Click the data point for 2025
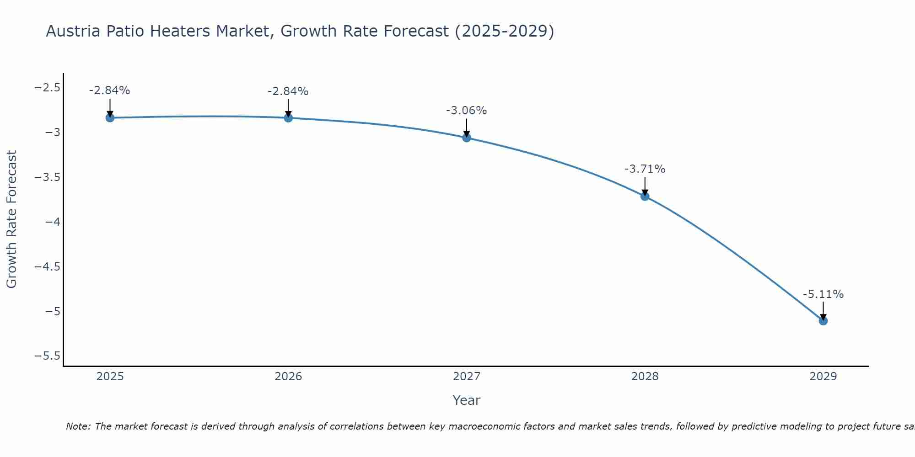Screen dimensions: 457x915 coord(110,118)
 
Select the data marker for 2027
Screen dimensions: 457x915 coord(467,138)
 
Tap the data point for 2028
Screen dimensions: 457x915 coord(645,197)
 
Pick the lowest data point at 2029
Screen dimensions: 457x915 coord(823,321)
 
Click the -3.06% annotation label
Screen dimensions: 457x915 coord(466,111)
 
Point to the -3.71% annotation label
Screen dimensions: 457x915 coord(645,169)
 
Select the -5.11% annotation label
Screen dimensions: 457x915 coord(823,294)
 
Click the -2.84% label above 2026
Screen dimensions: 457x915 coord(288,91)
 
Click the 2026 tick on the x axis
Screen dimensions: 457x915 coord(288,377)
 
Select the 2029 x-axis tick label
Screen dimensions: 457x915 coord(823,377)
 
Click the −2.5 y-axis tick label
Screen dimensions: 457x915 coord(47,87)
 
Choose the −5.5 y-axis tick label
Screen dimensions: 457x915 coord(47,356)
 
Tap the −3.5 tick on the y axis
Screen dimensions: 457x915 coord(47,177)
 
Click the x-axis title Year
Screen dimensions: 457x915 coord(466,400)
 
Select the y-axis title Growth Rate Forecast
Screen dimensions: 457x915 coord(11,219)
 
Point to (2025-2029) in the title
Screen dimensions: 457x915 coord(505,32)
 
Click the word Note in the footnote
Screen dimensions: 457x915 coord(77,427)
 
